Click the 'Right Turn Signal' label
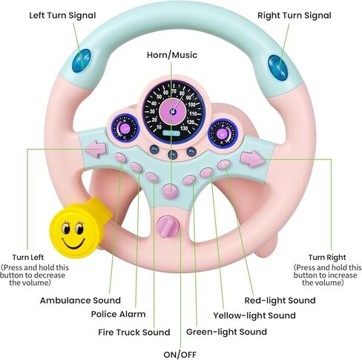pos(293,15)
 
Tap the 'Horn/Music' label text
pos(172,55)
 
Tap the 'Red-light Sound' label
pos(280,301)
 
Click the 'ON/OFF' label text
pos(181,354)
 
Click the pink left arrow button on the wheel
pos(97,149)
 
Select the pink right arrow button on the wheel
pos(252,158)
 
